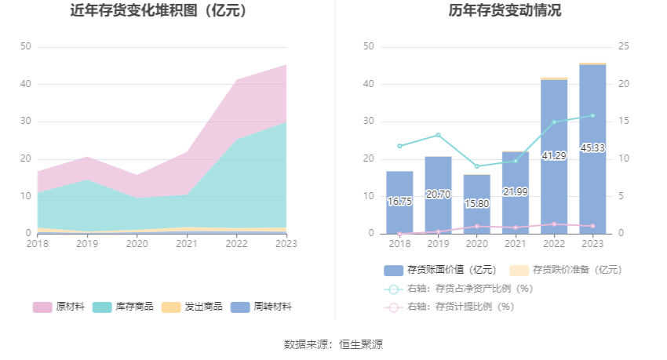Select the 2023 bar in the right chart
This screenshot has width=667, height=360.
(x=592, y=149)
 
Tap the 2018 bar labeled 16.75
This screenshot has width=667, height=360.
(x=399, y=202)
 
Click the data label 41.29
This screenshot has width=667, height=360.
(x=554, y=156)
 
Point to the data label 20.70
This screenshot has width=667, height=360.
(x=438, y=194)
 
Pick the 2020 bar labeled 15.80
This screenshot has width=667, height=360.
(x=476, y=203)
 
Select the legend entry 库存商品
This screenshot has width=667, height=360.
(x=123, y=307)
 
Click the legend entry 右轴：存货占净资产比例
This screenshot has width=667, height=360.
(x=458, y=289)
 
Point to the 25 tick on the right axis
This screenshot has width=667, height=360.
(x=624, y=47)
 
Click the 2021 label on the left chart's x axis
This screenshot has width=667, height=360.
(x=186, y=244)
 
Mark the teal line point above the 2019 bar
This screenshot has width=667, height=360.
(x=438, y=135)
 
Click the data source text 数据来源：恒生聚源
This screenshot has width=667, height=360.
(x=333, y=344)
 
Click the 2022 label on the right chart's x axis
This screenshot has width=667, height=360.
(x=554, y=244)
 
